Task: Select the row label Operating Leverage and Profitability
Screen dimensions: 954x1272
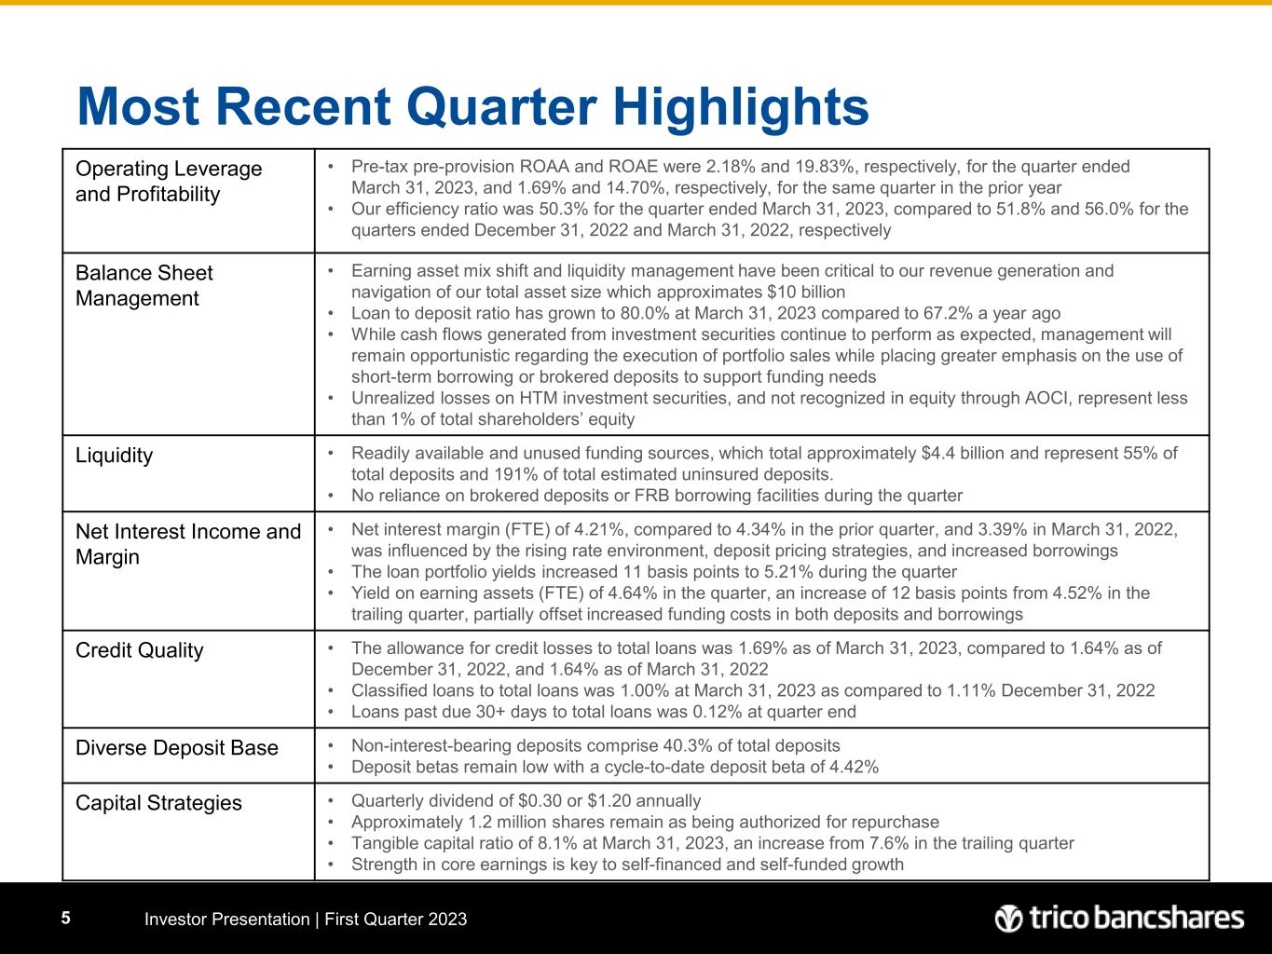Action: [168, 182]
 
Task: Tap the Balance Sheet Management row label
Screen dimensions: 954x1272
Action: [144, 286]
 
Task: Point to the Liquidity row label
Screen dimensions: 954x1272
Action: [114, 456]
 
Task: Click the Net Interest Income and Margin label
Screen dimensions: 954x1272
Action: [187, 544]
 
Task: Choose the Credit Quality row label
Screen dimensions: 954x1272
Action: [139, 650]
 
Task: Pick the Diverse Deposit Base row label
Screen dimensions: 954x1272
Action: [176, 747]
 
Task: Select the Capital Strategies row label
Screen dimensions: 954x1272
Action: [157, 803]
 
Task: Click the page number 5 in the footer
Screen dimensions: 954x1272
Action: [65, 919]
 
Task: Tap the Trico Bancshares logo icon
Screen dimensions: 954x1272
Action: [1008, 919]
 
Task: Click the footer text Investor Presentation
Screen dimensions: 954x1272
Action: [226, 920]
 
